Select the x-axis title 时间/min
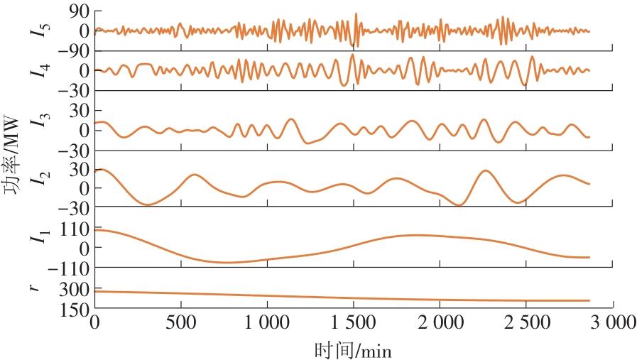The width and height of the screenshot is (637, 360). coord(353,350)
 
